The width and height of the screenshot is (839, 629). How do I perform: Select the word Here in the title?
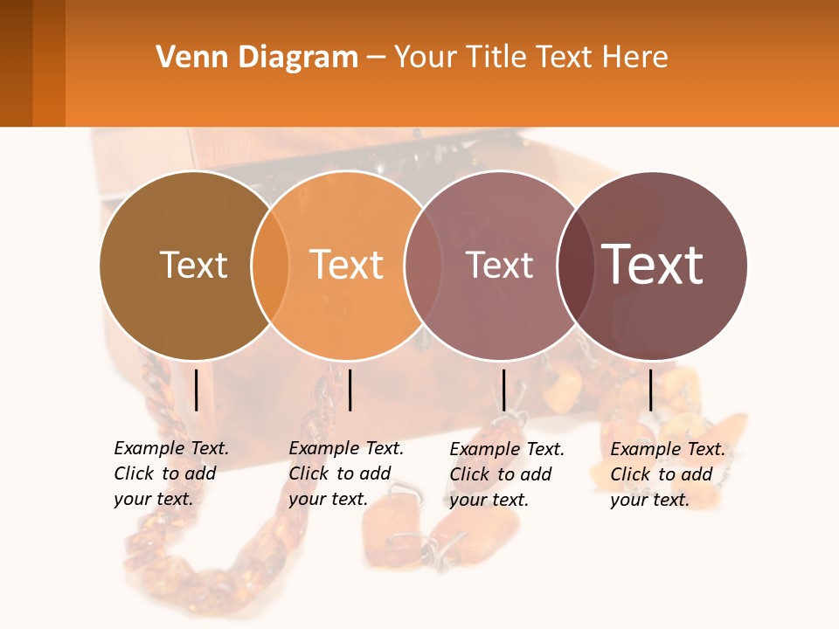pos(635,57)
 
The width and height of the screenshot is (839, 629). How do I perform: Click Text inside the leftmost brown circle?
pos(193,265)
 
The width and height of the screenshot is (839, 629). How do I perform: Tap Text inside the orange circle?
pos(347,265)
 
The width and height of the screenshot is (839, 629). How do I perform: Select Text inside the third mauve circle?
pos(499,265)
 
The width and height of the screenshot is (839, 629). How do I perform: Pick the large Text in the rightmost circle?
pos(653,264)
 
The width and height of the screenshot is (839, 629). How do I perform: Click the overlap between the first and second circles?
pos(270,266)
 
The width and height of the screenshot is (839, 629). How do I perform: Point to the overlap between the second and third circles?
pos(423,266)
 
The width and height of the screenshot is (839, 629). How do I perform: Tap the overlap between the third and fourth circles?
pos(576,266)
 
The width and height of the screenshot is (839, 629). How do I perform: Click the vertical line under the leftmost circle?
pos(197,390)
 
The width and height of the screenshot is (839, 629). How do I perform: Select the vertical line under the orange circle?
pos(350,390)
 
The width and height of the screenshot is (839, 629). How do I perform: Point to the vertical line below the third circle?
pos(503,390)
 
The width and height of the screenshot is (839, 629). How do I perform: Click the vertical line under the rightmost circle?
pos(651,390)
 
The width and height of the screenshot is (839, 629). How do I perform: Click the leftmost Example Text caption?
pos(170,473)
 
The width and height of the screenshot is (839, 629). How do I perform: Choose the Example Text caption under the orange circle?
pos(345,473)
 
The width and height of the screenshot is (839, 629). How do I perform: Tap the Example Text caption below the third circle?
pos(506,474)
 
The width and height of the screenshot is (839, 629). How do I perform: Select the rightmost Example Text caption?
pos(667,474)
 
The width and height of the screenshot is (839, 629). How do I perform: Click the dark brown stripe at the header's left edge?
pos(16,63)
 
